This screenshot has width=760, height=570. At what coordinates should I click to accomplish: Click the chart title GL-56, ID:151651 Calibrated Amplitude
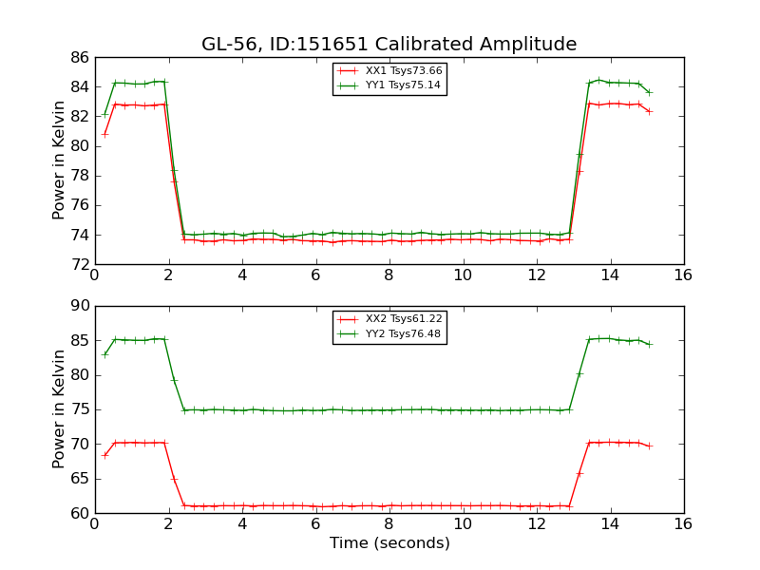(x=389, y=45)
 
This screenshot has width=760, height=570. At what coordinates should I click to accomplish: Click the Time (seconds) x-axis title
(x=389, y=543)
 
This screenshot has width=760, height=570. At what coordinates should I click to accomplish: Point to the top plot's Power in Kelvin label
(x=59, y=160)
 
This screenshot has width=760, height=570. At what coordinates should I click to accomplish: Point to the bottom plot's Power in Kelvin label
(x=59, y=408)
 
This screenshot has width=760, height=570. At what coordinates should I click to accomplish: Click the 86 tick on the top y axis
(x=78, y=58)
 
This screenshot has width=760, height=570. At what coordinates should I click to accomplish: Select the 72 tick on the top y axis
(x=78, y=264)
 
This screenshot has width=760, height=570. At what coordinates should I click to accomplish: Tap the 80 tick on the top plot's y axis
(x=78, y=146)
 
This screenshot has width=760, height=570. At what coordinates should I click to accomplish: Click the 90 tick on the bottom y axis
(x=78, y=306)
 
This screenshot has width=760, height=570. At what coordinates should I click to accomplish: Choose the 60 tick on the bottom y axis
(x=78, y=513)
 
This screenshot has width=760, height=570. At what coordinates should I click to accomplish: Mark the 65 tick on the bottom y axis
(x=78, y=479)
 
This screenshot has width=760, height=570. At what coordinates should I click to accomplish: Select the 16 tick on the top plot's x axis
(x=683, y=276)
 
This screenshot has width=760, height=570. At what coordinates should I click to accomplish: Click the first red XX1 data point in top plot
(x=104, y=134)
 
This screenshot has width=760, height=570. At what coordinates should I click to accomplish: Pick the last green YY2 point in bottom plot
(x=650, y=344)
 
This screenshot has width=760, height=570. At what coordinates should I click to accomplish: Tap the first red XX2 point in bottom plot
(x=104, y=455)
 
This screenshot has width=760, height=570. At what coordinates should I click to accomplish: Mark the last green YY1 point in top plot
(x=650, y=92)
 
